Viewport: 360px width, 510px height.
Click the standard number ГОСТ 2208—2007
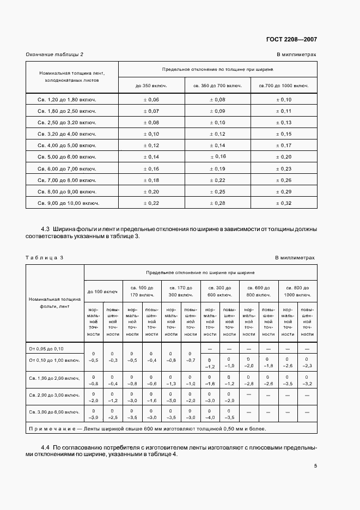291,40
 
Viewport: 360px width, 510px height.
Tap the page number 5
315,466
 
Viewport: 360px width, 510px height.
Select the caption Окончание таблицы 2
55,54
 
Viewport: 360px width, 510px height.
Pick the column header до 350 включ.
151,86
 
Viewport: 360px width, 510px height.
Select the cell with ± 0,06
151,100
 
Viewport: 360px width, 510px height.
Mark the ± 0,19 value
217,169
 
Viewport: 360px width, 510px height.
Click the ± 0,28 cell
217,203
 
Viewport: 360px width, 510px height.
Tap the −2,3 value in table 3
307,367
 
